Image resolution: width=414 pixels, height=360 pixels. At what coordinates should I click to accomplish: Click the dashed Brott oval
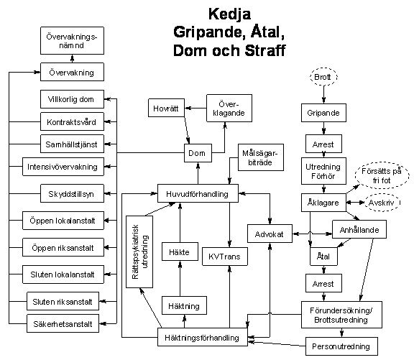(323, 77)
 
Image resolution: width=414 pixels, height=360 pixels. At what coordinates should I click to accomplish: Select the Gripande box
(323, 113)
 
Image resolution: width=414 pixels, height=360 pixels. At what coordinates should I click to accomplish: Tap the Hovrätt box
(166, 108)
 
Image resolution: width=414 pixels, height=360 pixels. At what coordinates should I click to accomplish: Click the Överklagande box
(229, 109)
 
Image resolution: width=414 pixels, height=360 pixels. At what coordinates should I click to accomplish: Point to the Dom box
(198, 153)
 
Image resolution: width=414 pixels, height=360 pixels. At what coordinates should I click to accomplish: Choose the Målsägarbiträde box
(261, 157)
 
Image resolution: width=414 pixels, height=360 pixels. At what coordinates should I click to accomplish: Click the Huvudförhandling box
(198, 193)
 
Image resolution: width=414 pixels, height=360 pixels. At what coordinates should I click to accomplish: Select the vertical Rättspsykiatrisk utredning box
(139, 251)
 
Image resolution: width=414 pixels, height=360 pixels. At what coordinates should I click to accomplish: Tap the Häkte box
(180, 251)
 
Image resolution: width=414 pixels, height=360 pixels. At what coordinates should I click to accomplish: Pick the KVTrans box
(225, 257)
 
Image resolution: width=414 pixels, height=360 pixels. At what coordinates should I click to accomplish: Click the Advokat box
(270, 234)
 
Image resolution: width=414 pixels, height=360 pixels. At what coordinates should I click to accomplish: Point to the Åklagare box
(323, 203)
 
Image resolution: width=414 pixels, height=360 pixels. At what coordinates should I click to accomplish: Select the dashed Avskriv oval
(382, 203)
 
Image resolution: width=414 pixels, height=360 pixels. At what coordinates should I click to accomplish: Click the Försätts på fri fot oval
(382, 175)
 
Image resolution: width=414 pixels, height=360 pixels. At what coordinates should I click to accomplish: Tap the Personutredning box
(341, 346)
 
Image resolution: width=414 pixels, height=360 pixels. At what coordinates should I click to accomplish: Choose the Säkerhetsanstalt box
(63, 323)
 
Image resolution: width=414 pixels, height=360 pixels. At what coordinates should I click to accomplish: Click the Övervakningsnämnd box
(72, 41)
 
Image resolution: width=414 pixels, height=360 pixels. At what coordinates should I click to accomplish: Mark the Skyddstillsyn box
(72, 193)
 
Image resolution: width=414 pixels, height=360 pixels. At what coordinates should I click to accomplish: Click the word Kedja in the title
(229, 14)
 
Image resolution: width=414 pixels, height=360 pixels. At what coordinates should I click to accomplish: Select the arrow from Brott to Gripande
(323, 94)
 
